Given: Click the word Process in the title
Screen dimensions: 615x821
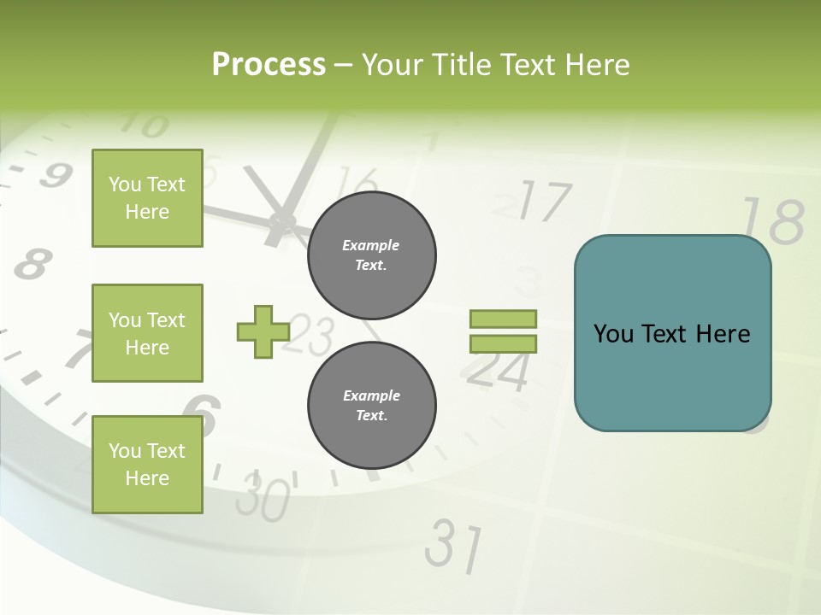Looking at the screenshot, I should point(269,64).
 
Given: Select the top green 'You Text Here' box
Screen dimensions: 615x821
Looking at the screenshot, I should point(147,198).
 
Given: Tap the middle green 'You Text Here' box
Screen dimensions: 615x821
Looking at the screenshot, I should point(147,333).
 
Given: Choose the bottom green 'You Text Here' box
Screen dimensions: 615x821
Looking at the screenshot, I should point(147,465).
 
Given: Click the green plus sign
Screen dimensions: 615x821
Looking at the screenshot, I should point(263,331).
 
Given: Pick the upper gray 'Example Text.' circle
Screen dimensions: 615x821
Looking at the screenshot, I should point(371,255).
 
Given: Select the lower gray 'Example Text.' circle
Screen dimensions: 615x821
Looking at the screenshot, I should point(371,405).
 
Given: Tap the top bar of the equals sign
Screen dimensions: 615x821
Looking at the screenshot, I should point(504,319).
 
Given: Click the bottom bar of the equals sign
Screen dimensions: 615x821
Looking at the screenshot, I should point(504,343).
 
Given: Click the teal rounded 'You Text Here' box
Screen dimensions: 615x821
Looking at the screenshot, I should point(672,333).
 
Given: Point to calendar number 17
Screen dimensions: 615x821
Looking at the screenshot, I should point(543,202).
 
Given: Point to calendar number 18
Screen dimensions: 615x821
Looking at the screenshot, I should point(771,221).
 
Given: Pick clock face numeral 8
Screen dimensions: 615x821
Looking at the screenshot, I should point(32,264).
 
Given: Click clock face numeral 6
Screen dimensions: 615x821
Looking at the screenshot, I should point(205,413).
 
